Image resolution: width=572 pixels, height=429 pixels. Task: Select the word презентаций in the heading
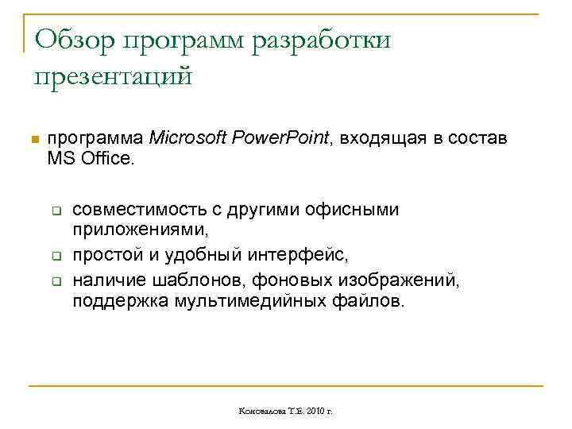(113, 78)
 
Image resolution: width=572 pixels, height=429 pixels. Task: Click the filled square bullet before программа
(33, 141)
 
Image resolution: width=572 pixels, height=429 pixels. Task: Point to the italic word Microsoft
(188, 137)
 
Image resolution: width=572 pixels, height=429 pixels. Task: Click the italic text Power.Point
(281, 137)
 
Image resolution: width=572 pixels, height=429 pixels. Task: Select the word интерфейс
(303, 256)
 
